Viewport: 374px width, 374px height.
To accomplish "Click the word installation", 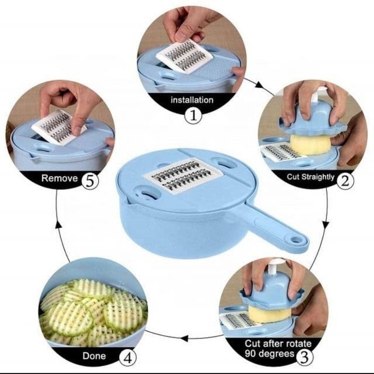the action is [192, 100].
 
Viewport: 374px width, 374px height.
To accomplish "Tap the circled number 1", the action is [193, 115].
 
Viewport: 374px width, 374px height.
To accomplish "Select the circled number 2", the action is [345, 181].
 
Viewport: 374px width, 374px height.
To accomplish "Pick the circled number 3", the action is [305, 356].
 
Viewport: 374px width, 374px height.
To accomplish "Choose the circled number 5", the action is [90, 181].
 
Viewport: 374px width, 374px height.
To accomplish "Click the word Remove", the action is [60, 178].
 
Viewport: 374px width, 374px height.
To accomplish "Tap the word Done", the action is [94, 356].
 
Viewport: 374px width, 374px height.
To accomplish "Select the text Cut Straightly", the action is [310, 177].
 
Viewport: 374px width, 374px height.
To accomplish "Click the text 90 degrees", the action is [269, 353].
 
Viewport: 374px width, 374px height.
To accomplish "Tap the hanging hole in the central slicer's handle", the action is [296, 239].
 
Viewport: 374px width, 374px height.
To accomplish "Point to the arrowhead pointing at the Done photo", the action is [184, 338].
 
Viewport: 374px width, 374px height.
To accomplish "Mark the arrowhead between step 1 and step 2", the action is [260, 84].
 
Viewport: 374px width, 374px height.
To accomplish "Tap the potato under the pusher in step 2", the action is [310, 144].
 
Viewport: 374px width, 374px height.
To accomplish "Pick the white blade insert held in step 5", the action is [58, 127].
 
